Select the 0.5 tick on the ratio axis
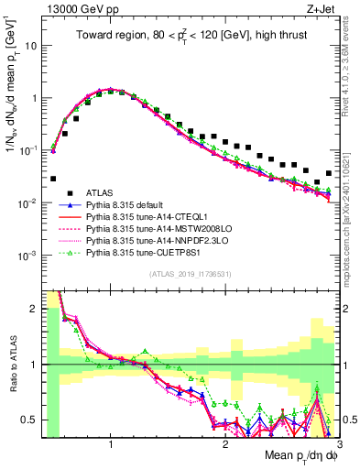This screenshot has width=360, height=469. [x=32, y=420]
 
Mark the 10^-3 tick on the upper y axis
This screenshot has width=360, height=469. [x=27, y=256]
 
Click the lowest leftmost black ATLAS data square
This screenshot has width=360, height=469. [x=53, y=179]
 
